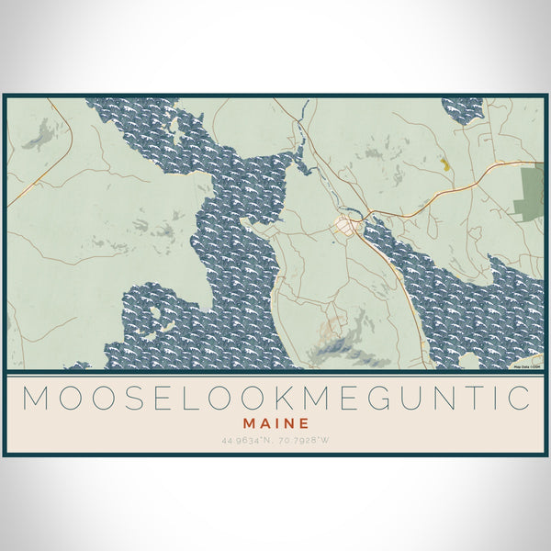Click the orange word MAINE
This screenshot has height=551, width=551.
pos(275,424)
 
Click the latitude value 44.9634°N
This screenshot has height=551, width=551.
pos(249,441)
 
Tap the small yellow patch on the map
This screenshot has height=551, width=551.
pos(444,163)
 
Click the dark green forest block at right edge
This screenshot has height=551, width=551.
pos(531,193)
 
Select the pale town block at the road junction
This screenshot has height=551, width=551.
pos(348,226)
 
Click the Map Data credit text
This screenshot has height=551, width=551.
pos(526,366)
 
